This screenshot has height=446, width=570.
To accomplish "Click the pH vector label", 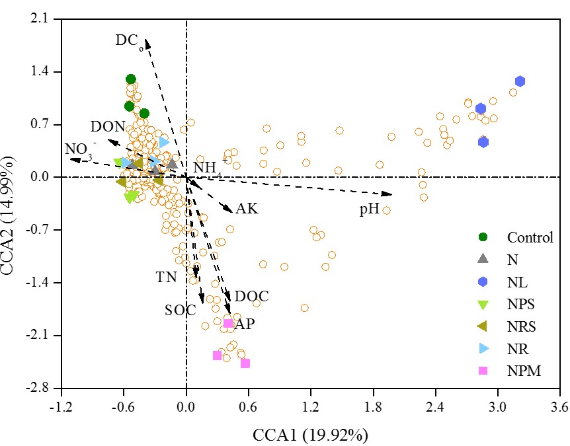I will coord(369,209).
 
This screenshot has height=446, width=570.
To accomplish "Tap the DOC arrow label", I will coord(252,297).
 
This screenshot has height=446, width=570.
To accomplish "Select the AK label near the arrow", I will coord(247,209).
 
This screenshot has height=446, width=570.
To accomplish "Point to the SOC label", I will coord(181,310).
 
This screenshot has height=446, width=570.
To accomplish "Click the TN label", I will coord(167,278).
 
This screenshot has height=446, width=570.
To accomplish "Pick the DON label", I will coord(108,126).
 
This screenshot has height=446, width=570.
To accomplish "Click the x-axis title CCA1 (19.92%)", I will coord(310,434).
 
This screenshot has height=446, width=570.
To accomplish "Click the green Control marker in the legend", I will coord(483,237).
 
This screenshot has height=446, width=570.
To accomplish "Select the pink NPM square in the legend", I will coord(483,371).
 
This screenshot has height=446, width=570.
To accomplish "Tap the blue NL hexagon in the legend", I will coord(483,281).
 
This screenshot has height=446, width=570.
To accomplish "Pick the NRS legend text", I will coord(522,326).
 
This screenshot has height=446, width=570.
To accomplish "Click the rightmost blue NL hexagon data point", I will coord(520,81).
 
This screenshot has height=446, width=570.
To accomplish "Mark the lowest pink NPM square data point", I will coord(245,363).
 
